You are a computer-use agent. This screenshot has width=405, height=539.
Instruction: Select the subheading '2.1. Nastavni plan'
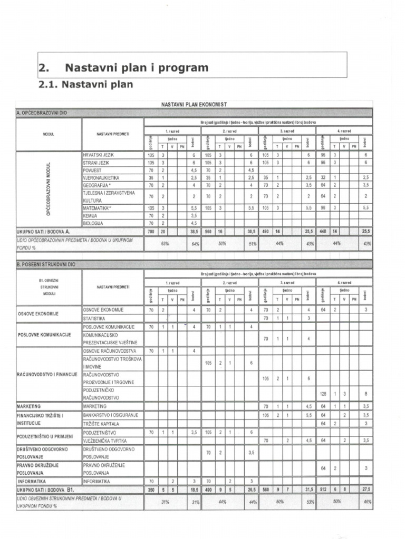[86, 84]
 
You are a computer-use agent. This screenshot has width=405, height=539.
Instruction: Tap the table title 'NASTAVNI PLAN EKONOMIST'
[194, 104]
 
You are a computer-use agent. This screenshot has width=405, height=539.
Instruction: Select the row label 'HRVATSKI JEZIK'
[98, 155]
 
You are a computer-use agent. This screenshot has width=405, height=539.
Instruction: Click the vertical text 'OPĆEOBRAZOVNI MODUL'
[48, 189]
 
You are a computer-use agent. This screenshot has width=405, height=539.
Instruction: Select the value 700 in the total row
[151, 231]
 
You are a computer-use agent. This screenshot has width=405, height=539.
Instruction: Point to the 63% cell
[164, 244]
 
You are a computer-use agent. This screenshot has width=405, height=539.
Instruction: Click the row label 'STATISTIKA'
[94, 318]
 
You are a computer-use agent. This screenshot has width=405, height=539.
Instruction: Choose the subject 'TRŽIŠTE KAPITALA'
[101, 423]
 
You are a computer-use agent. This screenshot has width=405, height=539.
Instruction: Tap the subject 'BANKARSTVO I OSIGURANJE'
[110, 415]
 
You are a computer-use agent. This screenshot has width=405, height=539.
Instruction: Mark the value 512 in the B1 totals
[324, 489]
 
